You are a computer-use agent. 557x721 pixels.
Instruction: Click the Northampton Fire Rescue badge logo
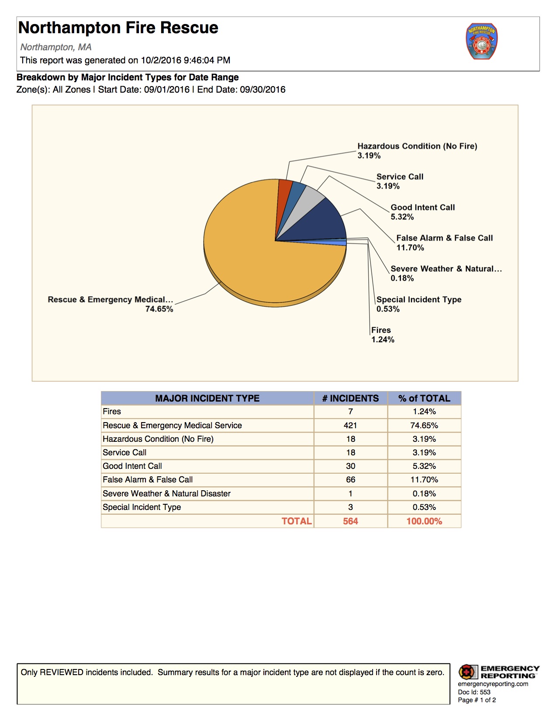(481, 42)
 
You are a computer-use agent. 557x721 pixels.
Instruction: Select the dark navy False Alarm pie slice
(323, 223)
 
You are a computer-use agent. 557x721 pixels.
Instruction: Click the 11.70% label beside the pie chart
(410, 248)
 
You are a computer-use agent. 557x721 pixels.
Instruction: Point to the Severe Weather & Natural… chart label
(446, 269)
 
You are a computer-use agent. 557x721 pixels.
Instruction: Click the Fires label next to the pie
(381, 330)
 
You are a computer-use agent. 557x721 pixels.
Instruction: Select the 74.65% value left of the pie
(159, 309)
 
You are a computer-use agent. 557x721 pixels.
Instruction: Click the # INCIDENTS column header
(350, 399)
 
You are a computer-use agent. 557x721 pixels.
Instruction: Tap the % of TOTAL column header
(424, 399)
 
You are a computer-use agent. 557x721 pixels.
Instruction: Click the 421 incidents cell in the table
(350, 425)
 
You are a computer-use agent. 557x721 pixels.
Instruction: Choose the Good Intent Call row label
(132, 466)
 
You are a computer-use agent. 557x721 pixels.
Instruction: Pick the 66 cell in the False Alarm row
(350, 480)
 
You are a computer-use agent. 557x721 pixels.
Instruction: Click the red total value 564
(350, 521)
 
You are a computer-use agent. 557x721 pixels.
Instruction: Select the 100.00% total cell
(424, 521)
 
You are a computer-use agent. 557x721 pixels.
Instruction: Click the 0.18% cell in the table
(424, 494)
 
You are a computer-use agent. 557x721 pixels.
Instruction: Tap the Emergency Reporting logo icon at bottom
(468, 672)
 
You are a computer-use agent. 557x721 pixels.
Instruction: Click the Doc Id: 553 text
(474, 692)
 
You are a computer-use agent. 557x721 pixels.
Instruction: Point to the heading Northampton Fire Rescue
(118, 28)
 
